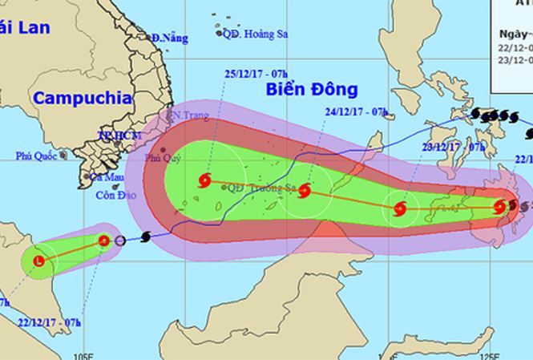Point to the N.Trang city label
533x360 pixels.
click(x=188, y=116)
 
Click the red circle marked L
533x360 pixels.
click(x=39, y=261)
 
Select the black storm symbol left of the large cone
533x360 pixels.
click(x=145, y=237)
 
